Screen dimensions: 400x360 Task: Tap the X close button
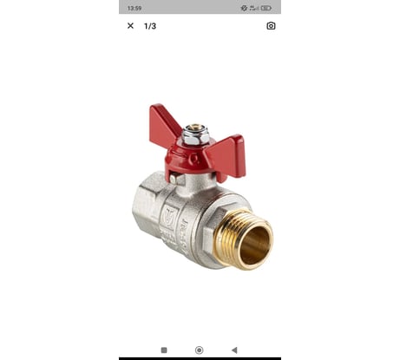pos(130,26)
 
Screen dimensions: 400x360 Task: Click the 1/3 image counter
pos(150,26)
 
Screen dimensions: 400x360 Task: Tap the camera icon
pos(271,26)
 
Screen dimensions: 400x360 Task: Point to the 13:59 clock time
pos(134,8)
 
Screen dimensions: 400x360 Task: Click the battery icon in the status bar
pos(266,8)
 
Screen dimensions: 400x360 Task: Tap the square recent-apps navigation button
pos(164,350)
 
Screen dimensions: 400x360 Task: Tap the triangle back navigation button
pos(234,350)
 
